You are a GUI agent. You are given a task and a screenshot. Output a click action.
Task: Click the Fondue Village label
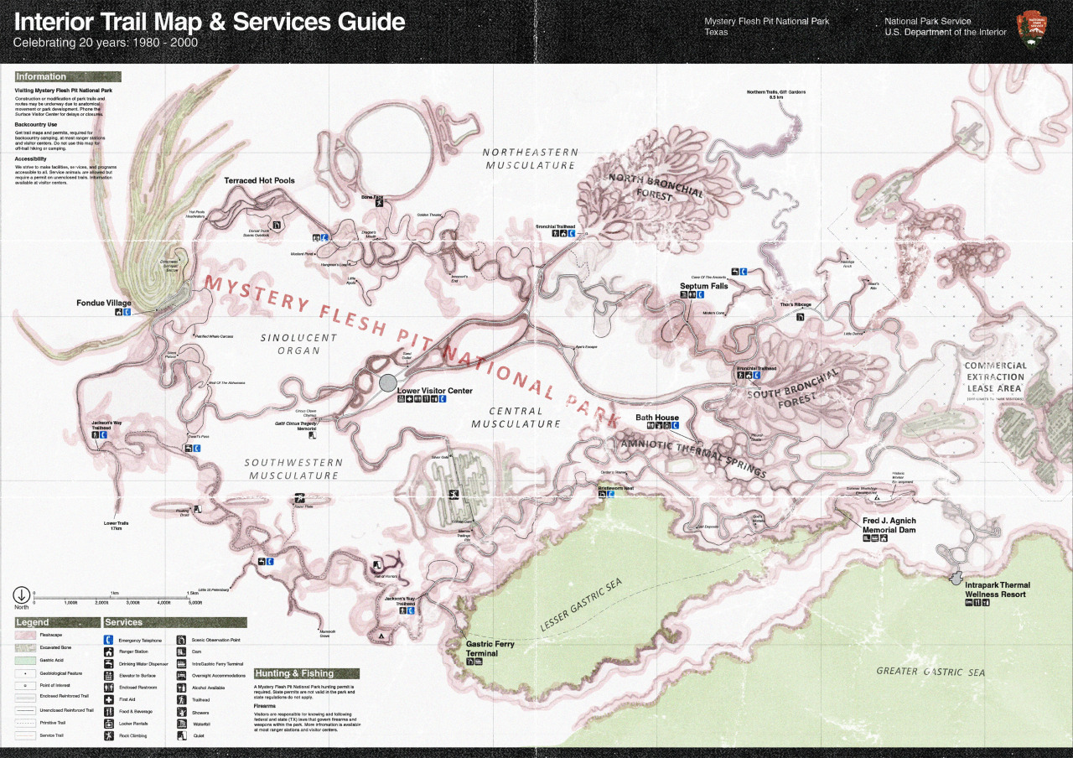[x=104, y=303]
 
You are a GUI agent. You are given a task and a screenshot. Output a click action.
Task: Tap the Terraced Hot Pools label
[x=259, y=180]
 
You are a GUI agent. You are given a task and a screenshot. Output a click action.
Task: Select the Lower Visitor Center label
[x=434, y=391]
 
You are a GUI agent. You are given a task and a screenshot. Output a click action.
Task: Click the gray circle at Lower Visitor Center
[x=387, y=382]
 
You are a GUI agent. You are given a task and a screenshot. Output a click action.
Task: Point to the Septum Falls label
[x=703, y=286]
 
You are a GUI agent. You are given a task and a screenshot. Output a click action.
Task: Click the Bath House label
[x=656, y=418]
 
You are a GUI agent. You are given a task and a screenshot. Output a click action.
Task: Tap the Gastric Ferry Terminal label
[x=490, y=648]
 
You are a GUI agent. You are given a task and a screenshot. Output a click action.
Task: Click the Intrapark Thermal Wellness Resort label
[x=997, y=589]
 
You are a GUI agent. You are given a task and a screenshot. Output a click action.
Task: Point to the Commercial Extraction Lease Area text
[x=995, y=377]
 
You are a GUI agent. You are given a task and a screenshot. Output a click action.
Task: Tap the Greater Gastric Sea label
[x=930, y=672]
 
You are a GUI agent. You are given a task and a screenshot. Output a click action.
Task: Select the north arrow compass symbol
[x=21, y=595]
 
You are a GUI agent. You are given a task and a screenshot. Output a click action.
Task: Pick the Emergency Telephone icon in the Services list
[x=109, y=641]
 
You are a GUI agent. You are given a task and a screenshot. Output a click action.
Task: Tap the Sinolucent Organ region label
[x=298, y=344]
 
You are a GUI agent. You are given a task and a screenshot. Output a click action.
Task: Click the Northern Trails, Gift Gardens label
[x=775, y=95]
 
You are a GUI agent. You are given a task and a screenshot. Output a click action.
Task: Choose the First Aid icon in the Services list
[x=109, y=699]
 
